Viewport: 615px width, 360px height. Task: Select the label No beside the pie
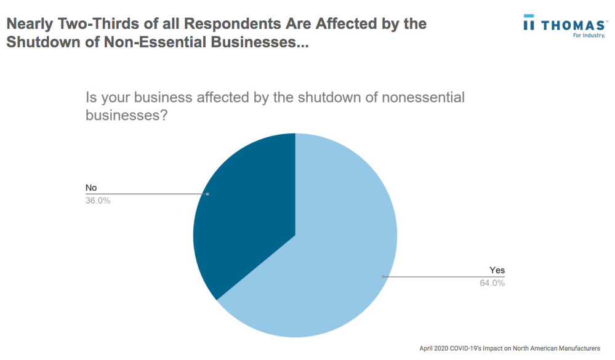91,187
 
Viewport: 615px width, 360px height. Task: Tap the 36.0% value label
98,200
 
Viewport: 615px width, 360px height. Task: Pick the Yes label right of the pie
497,270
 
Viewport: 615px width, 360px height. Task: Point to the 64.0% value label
492,283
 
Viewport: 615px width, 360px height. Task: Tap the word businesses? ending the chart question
126,116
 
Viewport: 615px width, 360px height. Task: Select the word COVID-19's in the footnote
471,348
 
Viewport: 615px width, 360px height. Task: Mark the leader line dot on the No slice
207,194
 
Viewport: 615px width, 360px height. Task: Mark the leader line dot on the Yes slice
383,277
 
